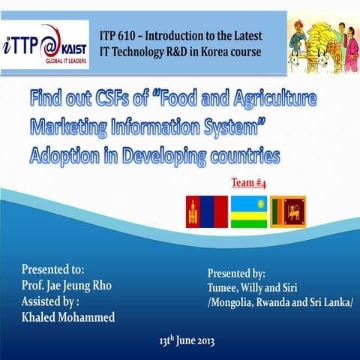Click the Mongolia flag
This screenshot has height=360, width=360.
coord(205,211)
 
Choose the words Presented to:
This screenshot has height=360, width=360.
coord(52,268)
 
